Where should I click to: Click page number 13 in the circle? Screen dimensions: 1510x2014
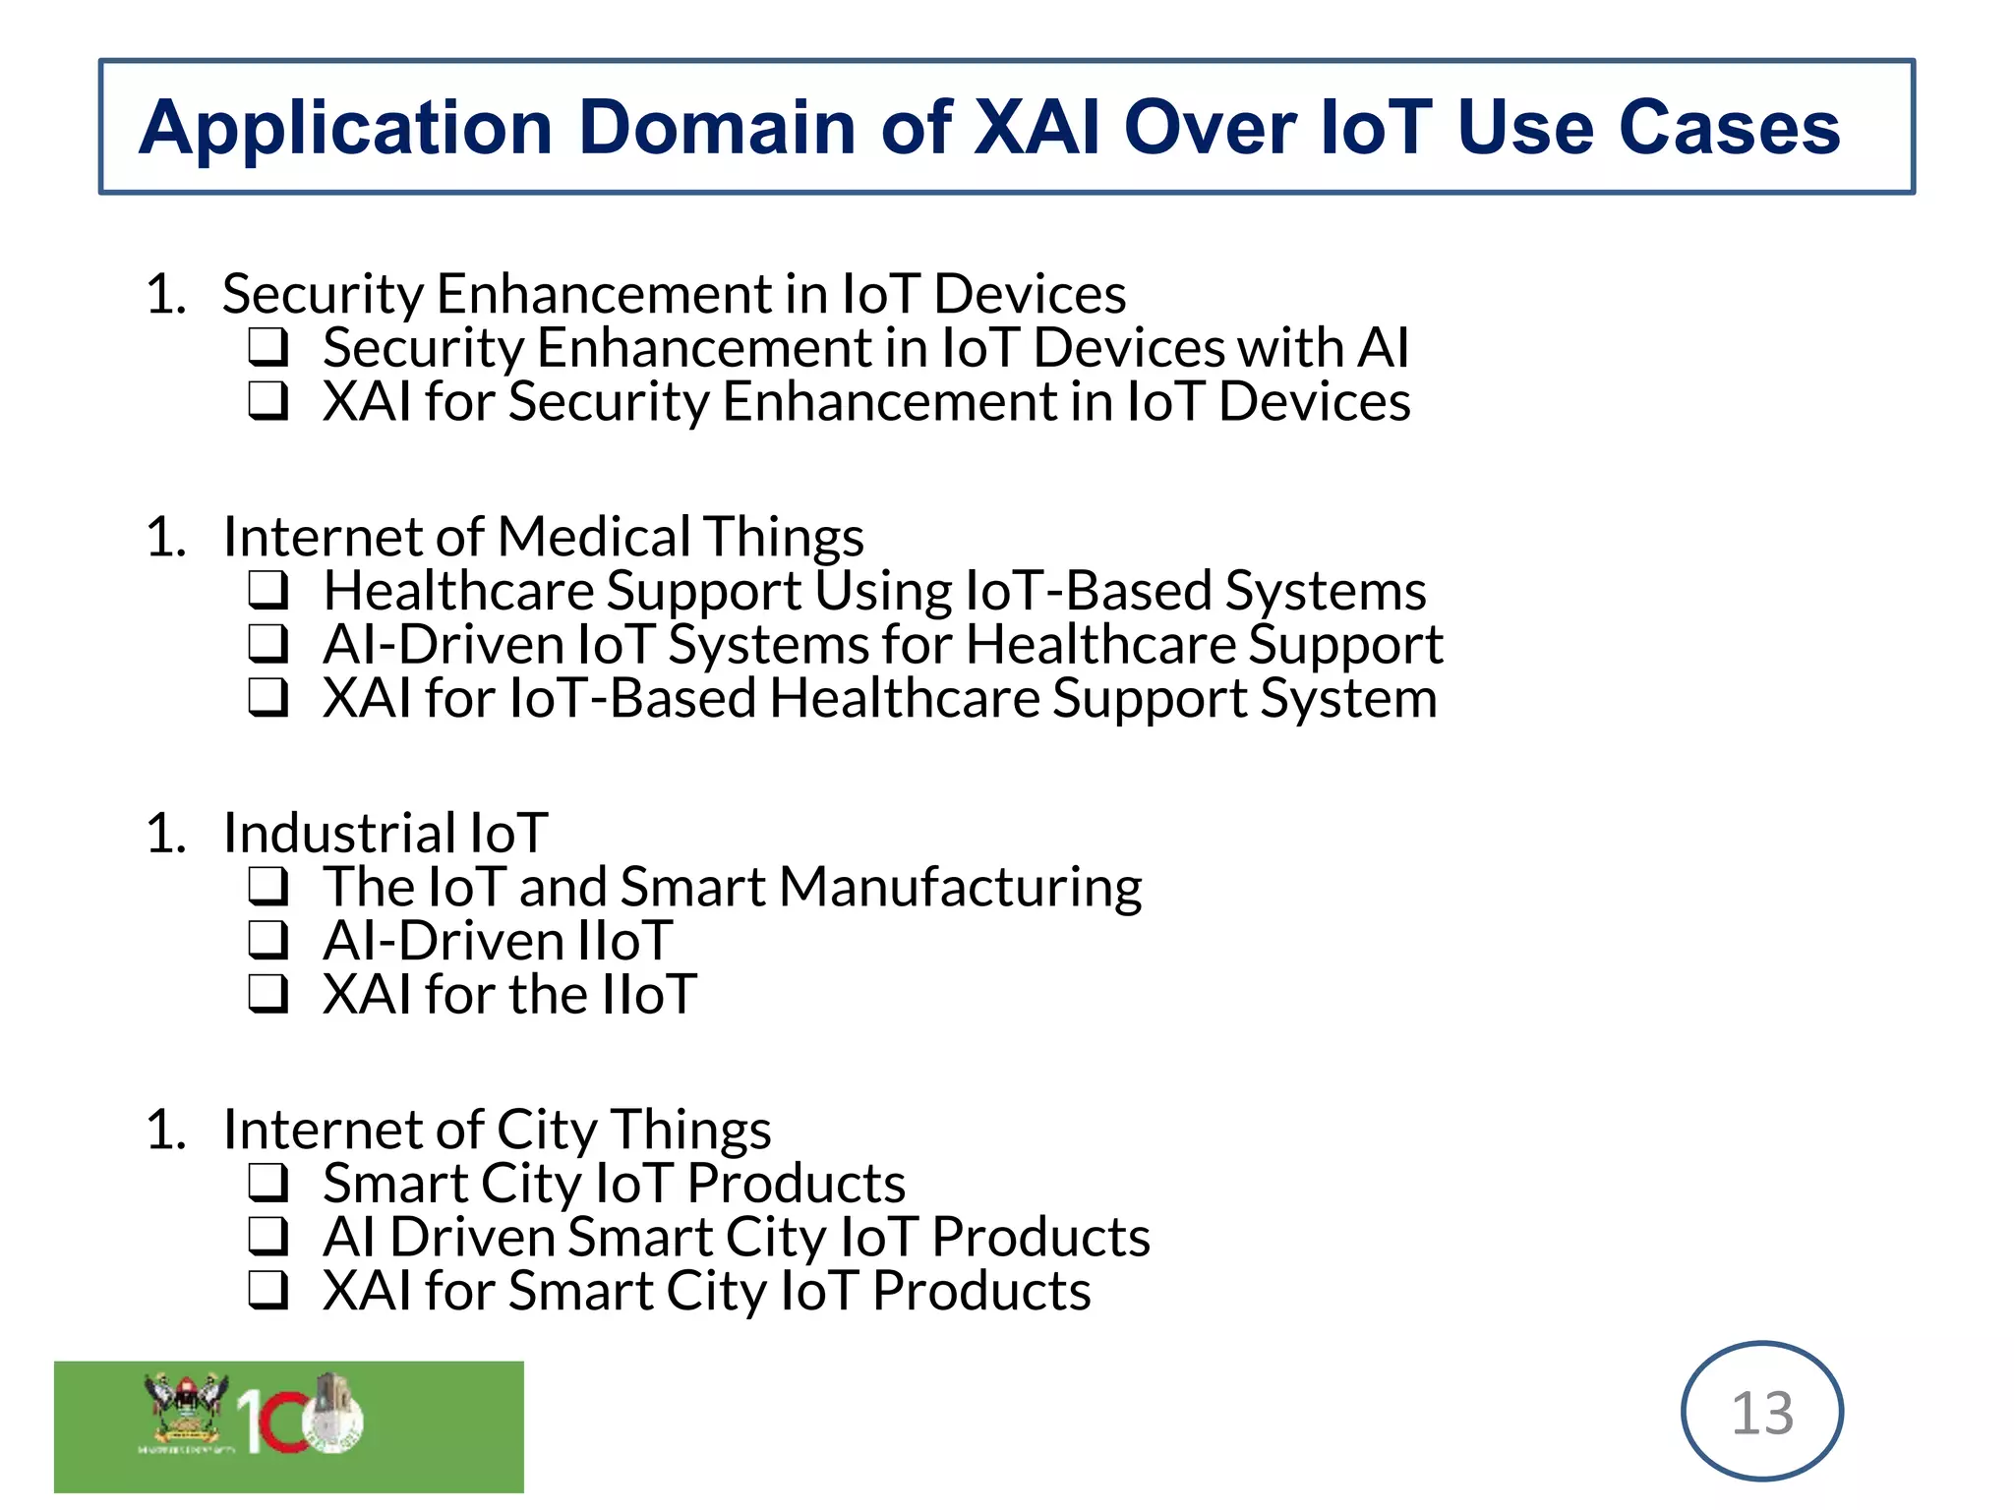[x=1762, y=1413]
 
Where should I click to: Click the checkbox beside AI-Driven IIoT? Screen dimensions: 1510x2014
[x=267, y=940]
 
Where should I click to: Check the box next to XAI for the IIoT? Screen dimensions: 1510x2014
[x=267, y=994]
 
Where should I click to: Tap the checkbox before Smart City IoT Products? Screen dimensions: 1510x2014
[x=267, y=1183]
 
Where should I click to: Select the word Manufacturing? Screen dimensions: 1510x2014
[x=961, y=887]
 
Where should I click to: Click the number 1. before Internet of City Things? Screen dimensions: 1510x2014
[x=165, y=1130]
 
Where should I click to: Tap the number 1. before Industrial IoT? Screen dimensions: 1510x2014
[x=165, y=834]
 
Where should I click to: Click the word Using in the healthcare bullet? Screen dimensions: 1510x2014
[x=884, y=592]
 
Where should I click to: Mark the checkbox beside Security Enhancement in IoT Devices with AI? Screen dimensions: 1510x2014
[x=267, y=347]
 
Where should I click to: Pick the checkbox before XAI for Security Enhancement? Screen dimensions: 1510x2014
[x=267, y=401]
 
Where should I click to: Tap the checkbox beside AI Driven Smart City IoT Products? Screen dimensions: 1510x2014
[x=267, y=1237]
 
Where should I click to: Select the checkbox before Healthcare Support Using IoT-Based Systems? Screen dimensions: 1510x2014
[x=267, y=591]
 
